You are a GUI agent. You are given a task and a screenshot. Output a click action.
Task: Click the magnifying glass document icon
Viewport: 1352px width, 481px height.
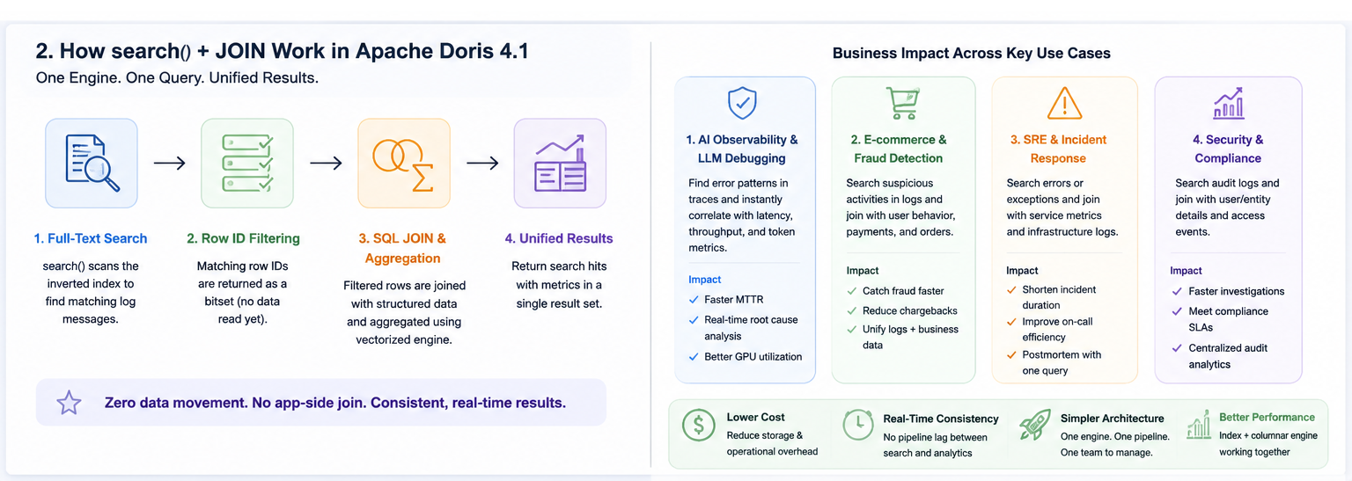tap(92, 163)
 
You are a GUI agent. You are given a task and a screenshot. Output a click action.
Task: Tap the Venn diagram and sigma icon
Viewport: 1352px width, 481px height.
tap(403, 164)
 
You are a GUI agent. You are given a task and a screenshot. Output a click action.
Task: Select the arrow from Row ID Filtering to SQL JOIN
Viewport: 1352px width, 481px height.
tap(326, 163)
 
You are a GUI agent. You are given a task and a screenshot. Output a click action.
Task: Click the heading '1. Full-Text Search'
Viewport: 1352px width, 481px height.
tap(91, 238)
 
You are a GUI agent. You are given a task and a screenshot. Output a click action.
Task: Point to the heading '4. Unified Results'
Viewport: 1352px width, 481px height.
tap(559, 238)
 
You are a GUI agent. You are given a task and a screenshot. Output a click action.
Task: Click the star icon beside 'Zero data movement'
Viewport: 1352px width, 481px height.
tap(69, 403)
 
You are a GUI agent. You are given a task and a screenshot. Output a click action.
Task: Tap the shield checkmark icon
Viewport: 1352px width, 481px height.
tap(742, 103)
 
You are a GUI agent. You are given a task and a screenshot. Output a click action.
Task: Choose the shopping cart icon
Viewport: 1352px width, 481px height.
tap(902, 103)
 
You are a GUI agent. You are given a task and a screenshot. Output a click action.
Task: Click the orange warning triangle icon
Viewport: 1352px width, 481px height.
tap(1064, 103)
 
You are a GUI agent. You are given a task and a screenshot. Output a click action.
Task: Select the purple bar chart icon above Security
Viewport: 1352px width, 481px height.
tap(1228, 103)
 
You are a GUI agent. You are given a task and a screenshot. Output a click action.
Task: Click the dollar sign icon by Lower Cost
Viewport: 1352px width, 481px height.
tap(698, 425)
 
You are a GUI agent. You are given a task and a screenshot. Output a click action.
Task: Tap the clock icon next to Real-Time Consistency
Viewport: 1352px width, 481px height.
tap(857, 426)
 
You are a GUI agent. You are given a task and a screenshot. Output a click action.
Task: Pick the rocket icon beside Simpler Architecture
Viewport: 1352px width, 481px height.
tap(1034, 425)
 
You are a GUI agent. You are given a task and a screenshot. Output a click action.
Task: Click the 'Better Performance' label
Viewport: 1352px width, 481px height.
tap(1267, 417)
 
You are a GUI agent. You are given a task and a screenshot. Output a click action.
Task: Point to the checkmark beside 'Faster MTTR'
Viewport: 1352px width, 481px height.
tap(694, 300)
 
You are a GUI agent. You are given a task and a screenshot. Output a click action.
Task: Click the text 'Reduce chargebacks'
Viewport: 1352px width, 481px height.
tap(909, 310)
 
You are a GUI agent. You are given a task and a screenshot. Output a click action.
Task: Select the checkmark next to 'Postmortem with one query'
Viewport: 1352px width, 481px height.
tap(1011, 355)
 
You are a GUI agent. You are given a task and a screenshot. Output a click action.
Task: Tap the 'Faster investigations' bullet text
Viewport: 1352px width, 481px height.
tap(1236, 291)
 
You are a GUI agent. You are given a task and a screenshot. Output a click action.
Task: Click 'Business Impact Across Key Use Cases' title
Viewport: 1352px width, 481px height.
tap(971, 53)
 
